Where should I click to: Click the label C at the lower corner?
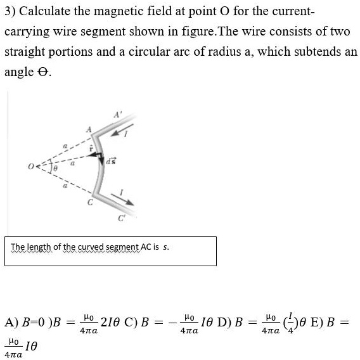coord(89,202)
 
